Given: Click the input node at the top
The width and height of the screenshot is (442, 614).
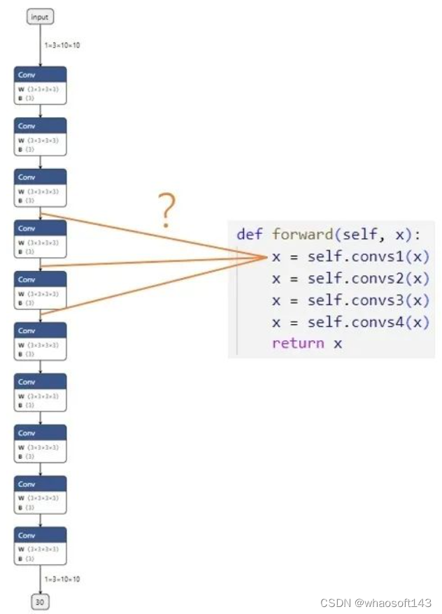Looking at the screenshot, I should point(40,17).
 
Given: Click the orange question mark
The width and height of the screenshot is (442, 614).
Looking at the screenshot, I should point(166,212).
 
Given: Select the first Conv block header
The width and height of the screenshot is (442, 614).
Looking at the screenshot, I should point(40,75).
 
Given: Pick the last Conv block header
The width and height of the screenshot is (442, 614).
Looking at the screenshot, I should point(40,535).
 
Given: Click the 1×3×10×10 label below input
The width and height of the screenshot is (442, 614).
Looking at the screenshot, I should point(62,45).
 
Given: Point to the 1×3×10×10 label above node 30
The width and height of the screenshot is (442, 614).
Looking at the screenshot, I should point(62,579).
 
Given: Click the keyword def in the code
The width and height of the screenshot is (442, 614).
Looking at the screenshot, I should point(250,234).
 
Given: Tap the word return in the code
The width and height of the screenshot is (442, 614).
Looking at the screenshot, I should point(298,343).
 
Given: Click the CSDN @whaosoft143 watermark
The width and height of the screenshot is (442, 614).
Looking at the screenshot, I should point(376,602).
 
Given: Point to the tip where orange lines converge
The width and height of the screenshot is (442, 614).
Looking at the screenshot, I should point(266,257).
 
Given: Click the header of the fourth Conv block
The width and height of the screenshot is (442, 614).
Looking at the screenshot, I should point(40,228).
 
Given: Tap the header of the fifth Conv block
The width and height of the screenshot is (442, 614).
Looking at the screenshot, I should point(40,279).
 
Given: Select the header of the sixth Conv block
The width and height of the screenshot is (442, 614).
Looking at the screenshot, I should point(40,330).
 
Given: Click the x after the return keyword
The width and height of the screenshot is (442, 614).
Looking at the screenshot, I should point(338,344).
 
